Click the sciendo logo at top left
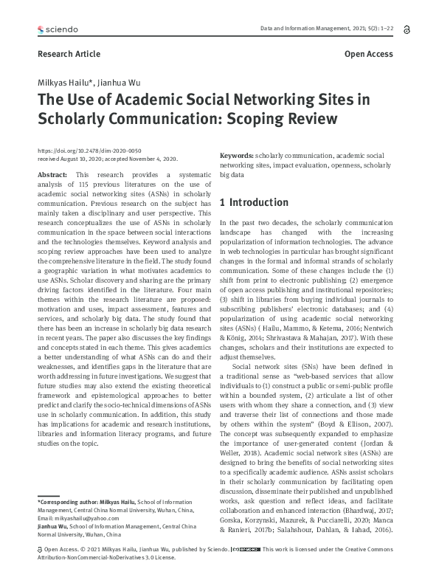57,30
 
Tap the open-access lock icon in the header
407,29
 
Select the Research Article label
69,54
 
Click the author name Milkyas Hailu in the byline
65,81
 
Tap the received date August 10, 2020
82,158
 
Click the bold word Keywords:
236,156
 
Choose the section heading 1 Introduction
255,203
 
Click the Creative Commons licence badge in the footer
245,571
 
